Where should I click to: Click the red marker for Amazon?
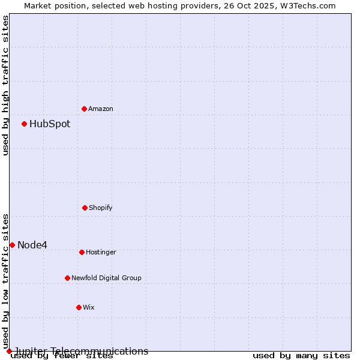coord(84,109)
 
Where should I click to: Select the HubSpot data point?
coord(25,124)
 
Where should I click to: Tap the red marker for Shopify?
coord(85,208)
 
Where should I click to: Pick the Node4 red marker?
coord(12,245)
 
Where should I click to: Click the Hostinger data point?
coord(82,252)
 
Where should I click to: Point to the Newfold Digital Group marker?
coord(67,278)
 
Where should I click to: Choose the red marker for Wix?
coord(79,307)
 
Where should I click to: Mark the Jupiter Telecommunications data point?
coord(9,351)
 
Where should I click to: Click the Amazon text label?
coord(101,109)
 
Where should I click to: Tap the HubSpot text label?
coord(50,124)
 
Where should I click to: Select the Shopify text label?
coord(101,208)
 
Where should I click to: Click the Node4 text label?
coord(32,245)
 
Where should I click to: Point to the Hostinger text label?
coord(101,252)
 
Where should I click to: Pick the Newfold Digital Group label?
coord(106,278)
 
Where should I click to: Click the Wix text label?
coord(89,307)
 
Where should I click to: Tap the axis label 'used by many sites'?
coord(301,356)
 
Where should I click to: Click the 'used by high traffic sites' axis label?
coord(6,85)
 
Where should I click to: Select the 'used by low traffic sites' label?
coord(6,281)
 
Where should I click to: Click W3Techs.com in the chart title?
coord(307,5)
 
